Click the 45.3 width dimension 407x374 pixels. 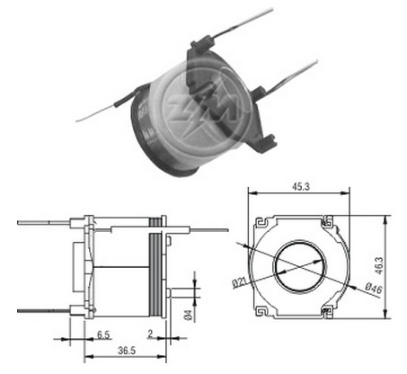(x=301, y=186)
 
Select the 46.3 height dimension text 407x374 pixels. (x=379, y=265)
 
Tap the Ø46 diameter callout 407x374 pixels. (x=374, y=289)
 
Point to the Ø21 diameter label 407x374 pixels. (x=239, y=282)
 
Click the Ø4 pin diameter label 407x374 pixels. (x=188, y=315)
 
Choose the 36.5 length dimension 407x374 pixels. (x=127, y=350)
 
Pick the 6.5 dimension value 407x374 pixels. (x=103, y=334)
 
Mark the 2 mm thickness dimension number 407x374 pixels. (x=150, y=334)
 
